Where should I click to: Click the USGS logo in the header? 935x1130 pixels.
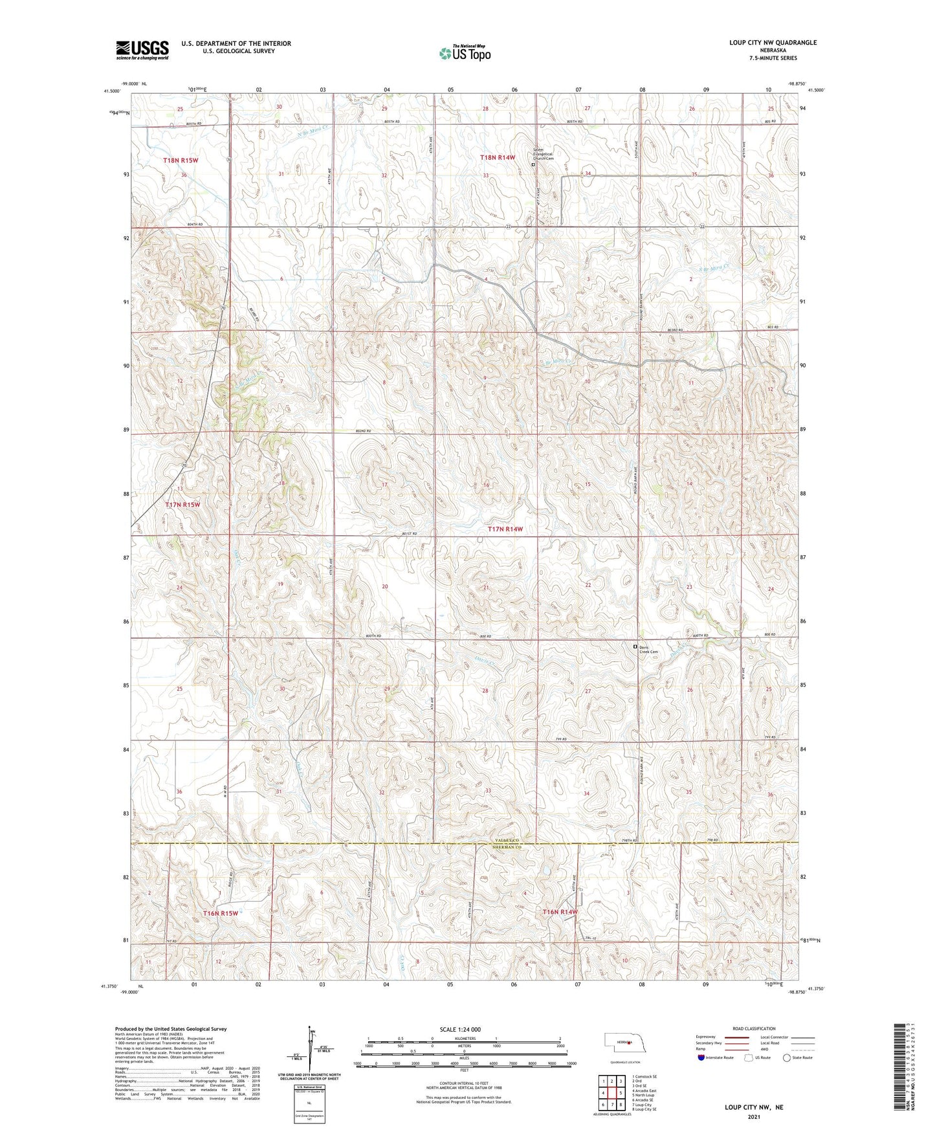tap(142, 50)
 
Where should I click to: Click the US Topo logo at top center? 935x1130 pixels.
tap(465, 53)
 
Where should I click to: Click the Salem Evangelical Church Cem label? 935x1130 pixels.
tap(544, 154)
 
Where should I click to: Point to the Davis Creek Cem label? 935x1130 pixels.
tap(649, 649)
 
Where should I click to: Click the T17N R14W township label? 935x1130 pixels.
tap(505, 529)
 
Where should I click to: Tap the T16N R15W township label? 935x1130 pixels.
tap(220, 913)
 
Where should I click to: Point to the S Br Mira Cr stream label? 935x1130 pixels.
tap(714, 266)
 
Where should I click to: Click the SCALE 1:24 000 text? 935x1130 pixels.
tap(460, 1029)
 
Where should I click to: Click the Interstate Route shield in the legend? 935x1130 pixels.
tap(702, 1058)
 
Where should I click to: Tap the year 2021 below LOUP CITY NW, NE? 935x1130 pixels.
tap(753, 1116)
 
